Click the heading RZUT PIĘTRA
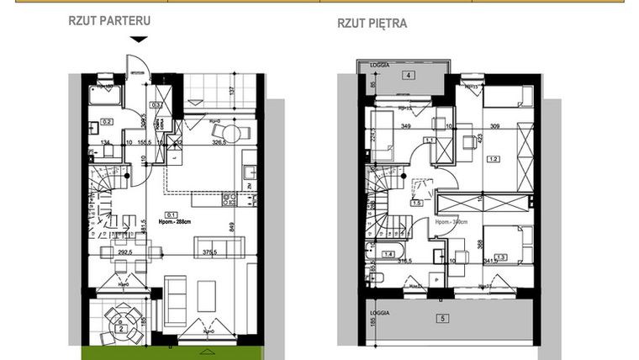tap(372, 24)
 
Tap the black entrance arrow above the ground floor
tap(139, 40)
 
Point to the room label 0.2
tap(107, 121)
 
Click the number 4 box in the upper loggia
tap(407, 76)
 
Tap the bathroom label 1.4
tap(388, 253)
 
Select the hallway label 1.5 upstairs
tap(415, 203)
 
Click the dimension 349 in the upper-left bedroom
tap(405, 127)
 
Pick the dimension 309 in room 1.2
tap(494, 127)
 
